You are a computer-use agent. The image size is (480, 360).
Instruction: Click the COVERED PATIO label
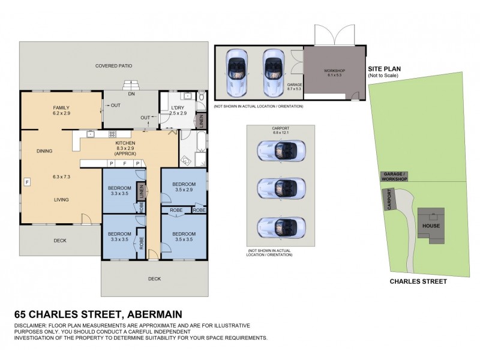113,65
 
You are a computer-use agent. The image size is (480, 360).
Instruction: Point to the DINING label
45,151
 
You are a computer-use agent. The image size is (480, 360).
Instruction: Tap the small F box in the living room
27,181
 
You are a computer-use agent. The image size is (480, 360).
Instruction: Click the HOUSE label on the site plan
431,226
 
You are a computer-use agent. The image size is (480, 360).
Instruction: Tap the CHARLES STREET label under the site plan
418,280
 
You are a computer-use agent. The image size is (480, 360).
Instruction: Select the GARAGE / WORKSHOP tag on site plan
394,176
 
